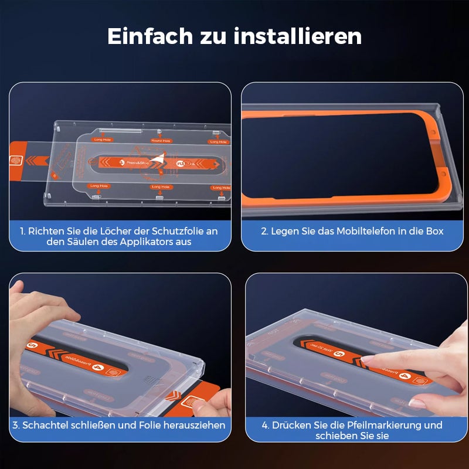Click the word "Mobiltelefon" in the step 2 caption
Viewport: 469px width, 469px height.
pos(366,231)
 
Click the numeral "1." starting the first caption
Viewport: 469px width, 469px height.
pos(23,231)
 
